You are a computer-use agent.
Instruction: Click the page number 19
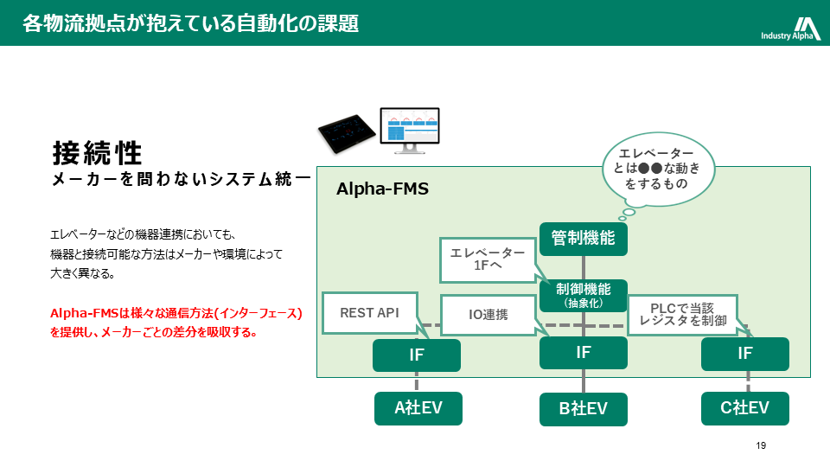click(761, 446)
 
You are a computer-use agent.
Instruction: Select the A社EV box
click(418, 408)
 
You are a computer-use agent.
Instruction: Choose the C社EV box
click(745, 408)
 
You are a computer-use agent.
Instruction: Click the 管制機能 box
click(584, 238)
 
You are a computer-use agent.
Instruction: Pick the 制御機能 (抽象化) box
click(584, 295)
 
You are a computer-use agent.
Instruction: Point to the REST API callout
click(369, 313)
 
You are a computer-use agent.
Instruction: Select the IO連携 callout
click(488, 315)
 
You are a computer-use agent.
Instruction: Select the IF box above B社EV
click(584, 353)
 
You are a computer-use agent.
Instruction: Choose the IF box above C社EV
click(745, 354)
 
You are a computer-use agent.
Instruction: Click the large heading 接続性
click(97, 153)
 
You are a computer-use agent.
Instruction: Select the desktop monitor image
click(410, 129)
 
